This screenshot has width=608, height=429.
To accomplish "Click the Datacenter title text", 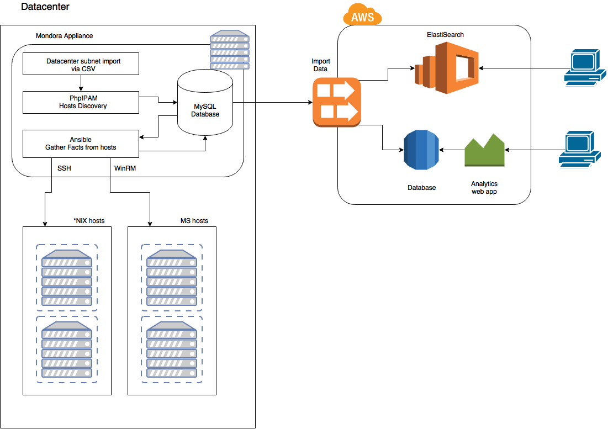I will click(45, 7).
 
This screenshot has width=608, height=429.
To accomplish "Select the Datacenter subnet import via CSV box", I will click(81, 64).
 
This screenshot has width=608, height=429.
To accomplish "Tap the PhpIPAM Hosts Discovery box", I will click(81, 102).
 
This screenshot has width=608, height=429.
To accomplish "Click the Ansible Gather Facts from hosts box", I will click(81, 143).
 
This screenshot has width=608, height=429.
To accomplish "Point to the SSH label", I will click(64, 167).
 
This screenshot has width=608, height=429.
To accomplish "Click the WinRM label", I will click(125, 167).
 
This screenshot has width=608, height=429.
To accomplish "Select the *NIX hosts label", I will click(89, 221).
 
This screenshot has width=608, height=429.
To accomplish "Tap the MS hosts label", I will click(194, 221).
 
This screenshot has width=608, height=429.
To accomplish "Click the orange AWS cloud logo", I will click(362, 15).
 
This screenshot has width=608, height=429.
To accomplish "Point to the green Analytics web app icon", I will click(484, 150).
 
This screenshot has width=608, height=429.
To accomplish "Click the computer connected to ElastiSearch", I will click(581, 67).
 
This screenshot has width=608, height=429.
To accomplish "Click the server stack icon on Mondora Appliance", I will click(229, 50).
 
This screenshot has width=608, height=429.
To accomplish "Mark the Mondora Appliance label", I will click(64, 36).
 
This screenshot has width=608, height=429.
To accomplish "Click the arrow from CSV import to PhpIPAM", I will click(81, 83).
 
